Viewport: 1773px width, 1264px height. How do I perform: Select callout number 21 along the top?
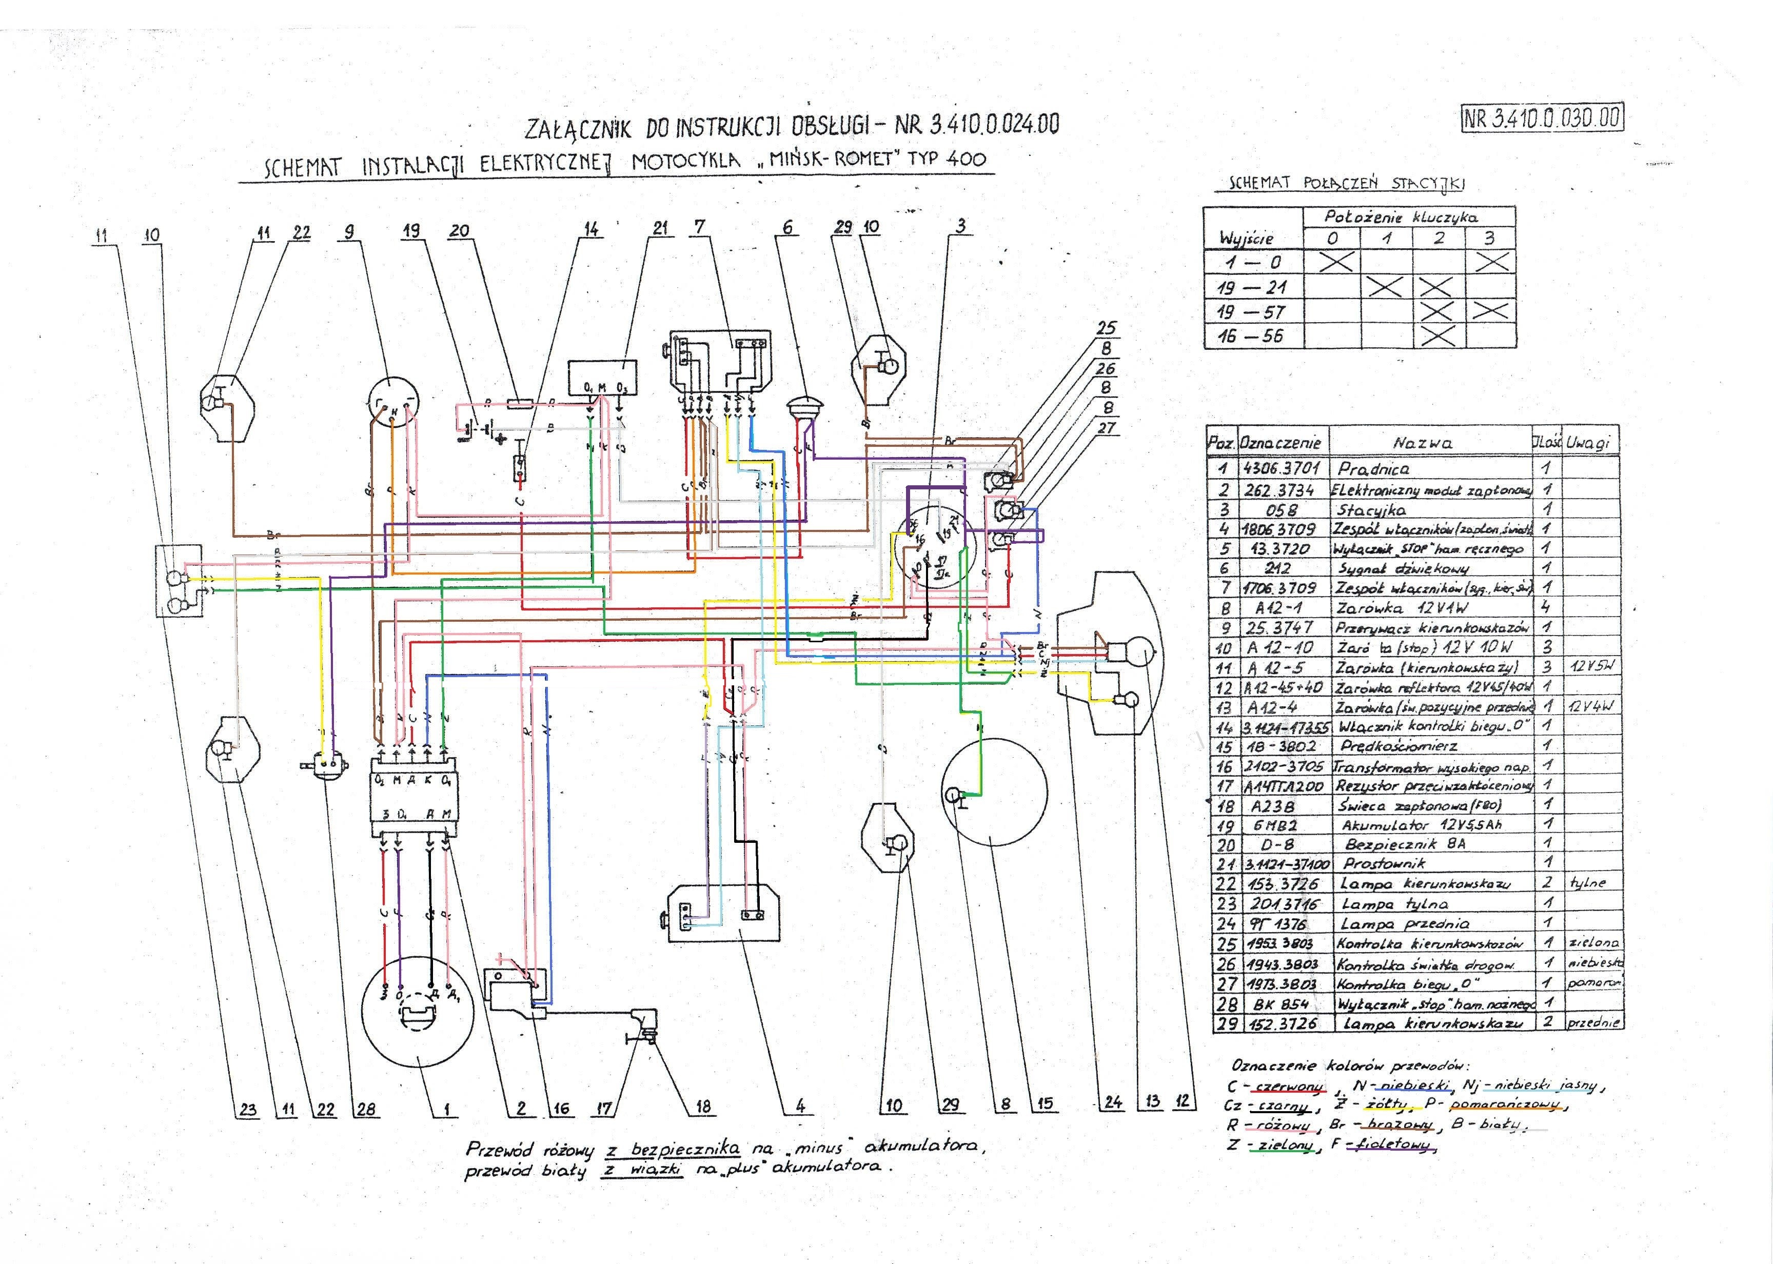(660, 228)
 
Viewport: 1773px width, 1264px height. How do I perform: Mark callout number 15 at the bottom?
(1045, 1103)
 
